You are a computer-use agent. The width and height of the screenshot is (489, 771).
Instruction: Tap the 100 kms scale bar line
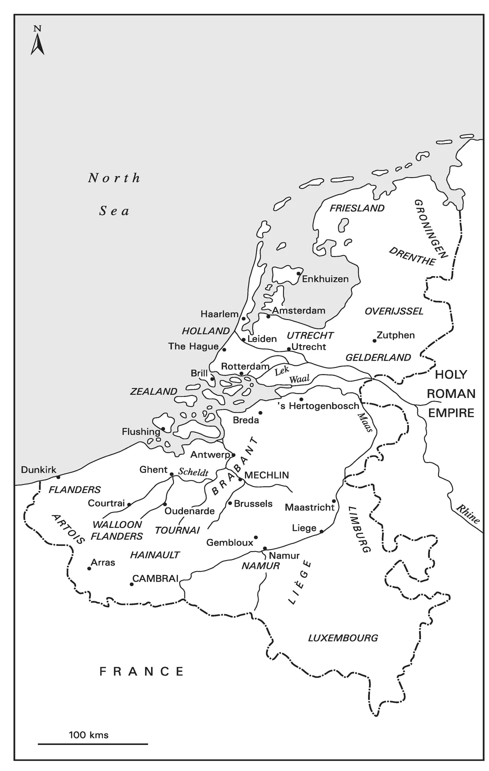point(93,744)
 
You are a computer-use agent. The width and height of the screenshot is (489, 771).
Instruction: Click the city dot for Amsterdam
point(268,316)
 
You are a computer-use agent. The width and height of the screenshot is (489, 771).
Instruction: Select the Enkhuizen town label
point(325,279)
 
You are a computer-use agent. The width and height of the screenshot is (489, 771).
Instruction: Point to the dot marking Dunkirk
point(58,477)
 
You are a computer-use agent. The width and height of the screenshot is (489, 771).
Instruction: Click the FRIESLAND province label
point(357,208)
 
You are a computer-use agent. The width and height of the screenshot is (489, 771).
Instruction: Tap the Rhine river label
point(468,514)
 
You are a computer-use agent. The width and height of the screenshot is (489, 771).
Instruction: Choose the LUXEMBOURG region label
point(342,638)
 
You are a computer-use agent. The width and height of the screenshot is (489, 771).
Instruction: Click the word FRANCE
point(141,671)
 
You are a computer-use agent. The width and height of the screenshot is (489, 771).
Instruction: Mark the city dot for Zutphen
point(374,340)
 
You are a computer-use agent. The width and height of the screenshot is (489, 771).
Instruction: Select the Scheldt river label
point(193,472)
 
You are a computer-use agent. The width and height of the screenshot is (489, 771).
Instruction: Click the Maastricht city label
point(309,507)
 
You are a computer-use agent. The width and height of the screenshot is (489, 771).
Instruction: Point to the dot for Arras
point(89,568)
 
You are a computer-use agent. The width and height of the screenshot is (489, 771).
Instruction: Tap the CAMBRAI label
point(155,578)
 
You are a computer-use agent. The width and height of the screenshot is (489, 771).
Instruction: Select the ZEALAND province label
point(153,391)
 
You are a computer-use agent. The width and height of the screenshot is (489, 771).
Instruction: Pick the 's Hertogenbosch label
point(318,406)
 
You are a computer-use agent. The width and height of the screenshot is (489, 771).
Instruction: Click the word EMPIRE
point(450,412)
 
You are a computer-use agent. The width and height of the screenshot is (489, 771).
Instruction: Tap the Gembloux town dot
point(255,537)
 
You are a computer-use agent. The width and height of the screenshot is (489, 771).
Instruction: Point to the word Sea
point(114,211)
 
